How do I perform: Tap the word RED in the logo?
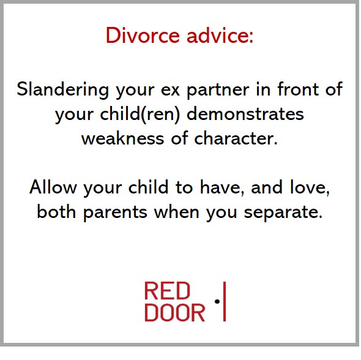tap(167, 291)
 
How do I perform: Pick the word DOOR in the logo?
tap(174, 313)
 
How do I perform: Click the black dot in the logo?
tap(217, 302)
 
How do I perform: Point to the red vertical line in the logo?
tap(225, 302)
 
